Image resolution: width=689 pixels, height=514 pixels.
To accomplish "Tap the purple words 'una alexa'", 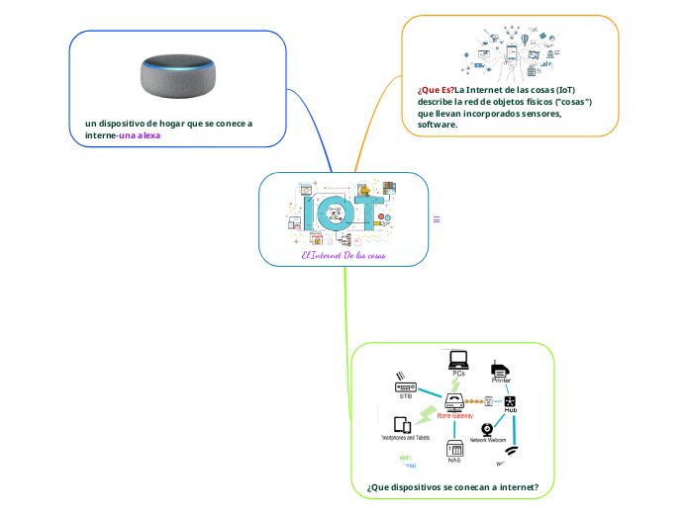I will pos(140,135).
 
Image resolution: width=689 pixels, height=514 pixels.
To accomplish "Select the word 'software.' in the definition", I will pos(438,126).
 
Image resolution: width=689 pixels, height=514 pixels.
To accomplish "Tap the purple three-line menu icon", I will pos(437,219).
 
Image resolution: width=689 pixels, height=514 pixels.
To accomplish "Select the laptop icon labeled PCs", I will pos(458,359).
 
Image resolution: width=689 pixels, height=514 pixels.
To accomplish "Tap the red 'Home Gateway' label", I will pos(454,416).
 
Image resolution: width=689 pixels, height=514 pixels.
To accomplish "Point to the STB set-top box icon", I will pos(406,385).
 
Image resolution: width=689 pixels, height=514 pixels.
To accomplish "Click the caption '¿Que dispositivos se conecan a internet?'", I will pos(452,487).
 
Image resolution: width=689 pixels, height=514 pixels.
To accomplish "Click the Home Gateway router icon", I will pos(454,401).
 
